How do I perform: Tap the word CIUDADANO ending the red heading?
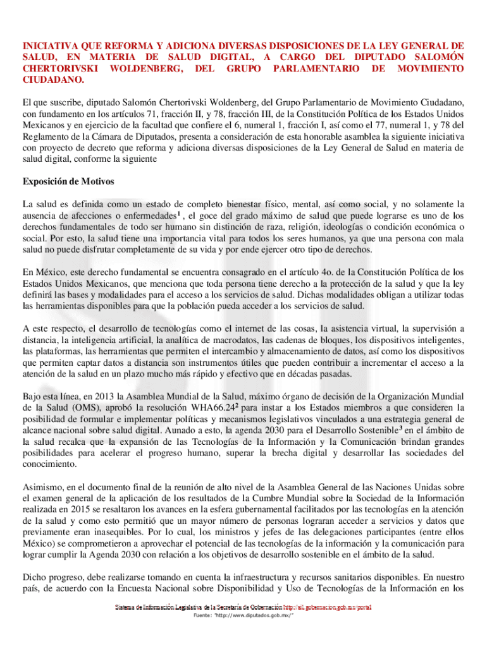[x=53, y=80]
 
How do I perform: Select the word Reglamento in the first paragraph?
[x=48, y=143]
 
